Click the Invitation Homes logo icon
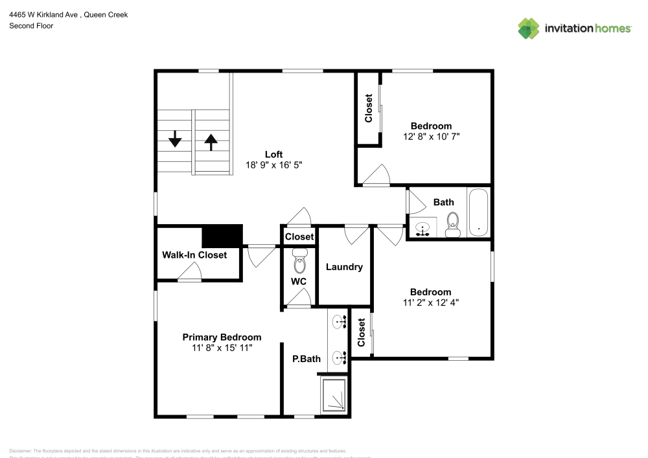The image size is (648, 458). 529,29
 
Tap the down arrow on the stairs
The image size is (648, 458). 175,139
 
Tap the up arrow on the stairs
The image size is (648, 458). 211,141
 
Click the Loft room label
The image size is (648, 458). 274,154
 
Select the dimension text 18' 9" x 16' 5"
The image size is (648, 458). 274,165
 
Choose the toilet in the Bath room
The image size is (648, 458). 453,223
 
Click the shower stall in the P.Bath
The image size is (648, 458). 336,395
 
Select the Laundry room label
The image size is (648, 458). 344,267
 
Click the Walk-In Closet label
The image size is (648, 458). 194,255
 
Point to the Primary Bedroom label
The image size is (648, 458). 222,338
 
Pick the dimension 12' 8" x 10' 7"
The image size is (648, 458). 431,137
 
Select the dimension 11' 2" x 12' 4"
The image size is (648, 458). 430,303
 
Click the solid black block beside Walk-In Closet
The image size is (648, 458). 222,236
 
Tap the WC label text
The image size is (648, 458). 299,282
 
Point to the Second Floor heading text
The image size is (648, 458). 31,26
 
